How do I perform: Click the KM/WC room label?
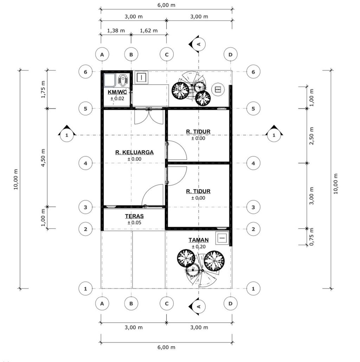coord(117,92)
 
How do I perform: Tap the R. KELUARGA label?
coord(134,152)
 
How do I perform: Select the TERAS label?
coord(134,216)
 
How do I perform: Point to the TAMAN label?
coord(198,240)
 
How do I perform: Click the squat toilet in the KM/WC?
coord(123,80)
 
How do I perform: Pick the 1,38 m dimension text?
coord(116,31)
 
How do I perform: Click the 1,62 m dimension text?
coord(149,31)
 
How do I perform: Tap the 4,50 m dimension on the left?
coord(43,158)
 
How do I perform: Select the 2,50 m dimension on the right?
coord(312,136)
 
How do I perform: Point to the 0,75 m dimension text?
coord(312,237)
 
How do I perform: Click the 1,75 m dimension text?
coord(43,89)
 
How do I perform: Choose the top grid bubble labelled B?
coord(131,55)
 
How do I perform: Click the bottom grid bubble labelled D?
coord(231,304)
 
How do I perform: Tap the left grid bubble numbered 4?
coord(85,163)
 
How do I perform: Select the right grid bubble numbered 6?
coord(253,72)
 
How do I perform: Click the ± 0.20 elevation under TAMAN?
coord(198,246)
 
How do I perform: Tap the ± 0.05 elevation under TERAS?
coord(134,223)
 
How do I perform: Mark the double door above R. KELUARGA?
coord(149,116)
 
